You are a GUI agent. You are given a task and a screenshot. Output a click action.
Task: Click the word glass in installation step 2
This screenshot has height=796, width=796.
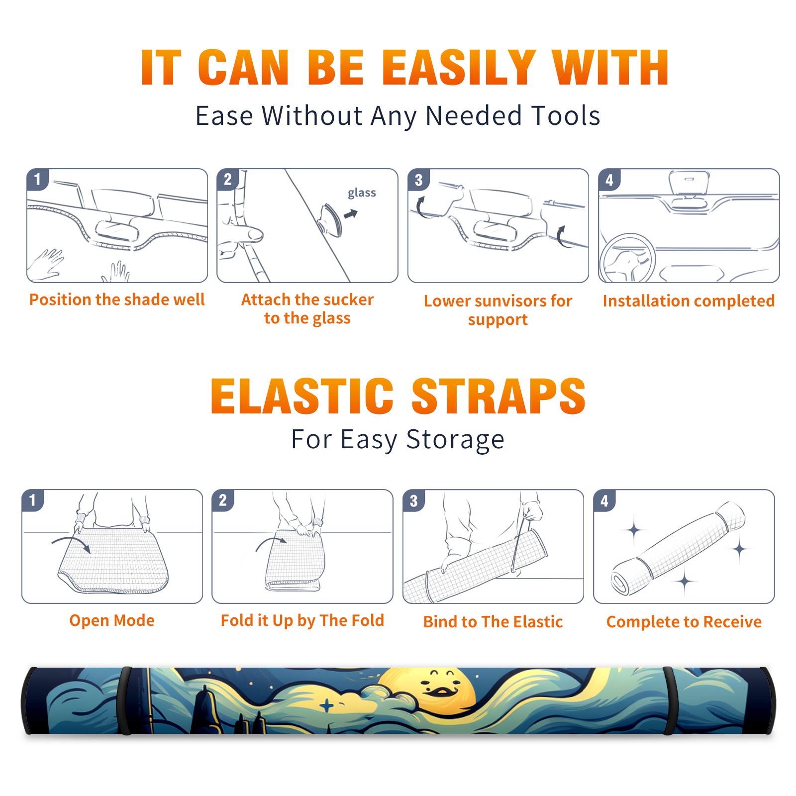(x=362, y=193)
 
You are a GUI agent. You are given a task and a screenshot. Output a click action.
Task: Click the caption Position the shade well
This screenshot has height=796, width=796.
(x=117, y=299)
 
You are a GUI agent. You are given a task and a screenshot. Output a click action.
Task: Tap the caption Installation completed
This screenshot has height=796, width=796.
(x=689, y=301)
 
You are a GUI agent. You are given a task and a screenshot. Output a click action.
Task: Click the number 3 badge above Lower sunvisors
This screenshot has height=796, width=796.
(x=419, y=180)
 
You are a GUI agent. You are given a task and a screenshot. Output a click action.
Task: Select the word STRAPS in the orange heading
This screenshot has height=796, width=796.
(x=498, y=396)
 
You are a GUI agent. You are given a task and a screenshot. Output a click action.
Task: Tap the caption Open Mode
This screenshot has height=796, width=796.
(x=112, y=620)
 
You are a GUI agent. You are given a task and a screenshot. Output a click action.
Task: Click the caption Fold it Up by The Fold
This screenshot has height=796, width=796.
(x=302, y=621)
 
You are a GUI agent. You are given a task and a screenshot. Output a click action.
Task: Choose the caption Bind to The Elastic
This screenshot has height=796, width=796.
(x=493, y=622)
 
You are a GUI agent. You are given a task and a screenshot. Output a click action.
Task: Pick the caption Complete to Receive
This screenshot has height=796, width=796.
(x=684, y=622)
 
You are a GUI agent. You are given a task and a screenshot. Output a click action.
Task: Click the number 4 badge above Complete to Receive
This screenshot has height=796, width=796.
(x=604, y=500)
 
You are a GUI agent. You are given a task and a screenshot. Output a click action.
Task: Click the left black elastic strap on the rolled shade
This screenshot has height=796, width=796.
(x=125, y=700)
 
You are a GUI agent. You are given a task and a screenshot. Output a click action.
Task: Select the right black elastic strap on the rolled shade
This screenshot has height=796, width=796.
(x=670, y=700)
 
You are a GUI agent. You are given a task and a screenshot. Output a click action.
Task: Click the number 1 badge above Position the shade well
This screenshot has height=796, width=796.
(x=38, y=180)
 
